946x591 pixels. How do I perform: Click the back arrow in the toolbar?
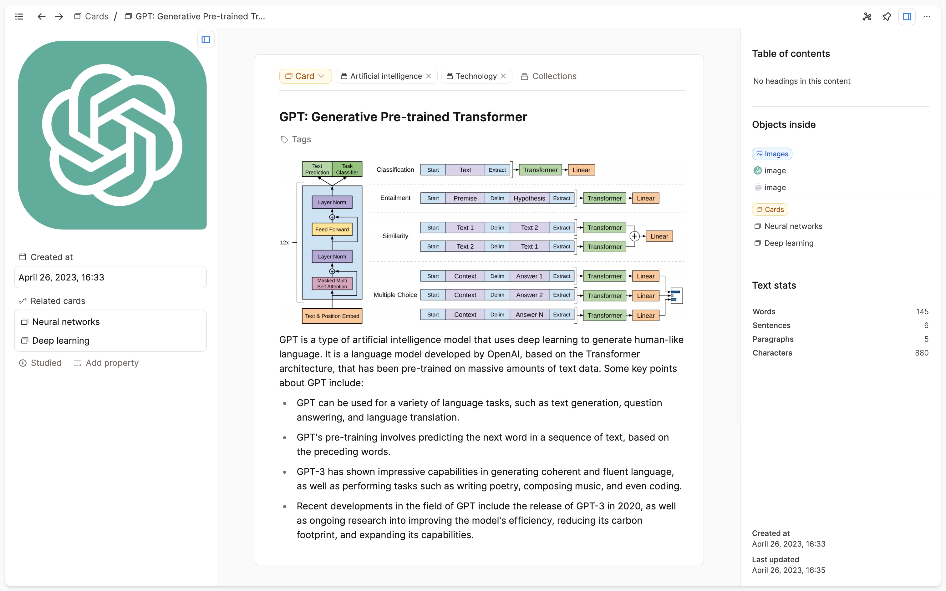pyautogui.click(x=41, y=16)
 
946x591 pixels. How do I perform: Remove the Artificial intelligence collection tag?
pyautogui.click(x=429, y=76)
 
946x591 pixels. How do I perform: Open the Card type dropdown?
pyautogui.click(x=305, y=76)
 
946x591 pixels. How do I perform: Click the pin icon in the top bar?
pyautogui.click(x=887, y=16)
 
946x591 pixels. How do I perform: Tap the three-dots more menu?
pyautogui.click(x=927, y=16)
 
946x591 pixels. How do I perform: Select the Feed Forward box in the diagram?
pyautogui.click(x=332, y=230)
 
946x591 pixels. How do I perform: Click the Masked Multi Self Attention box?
pyautogui.click(x=332, y=283)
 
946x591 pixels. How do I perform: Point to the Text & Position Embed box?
pyautogui.click(x=332, y=316)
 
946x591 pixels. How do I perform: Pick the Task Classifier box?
pyautogui.click(x=347, y=169)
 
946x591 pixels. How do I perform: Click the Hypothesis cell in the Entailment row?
pyautogui.click(x=529, y=198)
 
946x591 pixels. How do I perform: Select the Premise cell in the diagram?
pyautogui.click(x=465, y=198)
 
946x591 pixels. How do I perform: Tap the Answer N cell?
pyautogui.click(x=529, y=315)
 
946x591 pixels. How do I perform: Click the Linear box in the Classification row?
pyautogui.click(x=581, y=169)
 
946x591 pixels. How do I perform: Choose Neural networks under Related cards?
pyautogui.click(x=66, y=322)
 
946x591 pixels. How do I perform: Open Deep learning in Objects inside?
pyautogui.click(x=788, y=243)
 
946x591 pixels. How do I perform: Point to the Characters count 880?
pyautogui.click(x=921, y=353)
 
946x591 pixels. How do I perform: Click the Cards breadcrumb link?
pyautogui.click(x=96, y=16)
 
